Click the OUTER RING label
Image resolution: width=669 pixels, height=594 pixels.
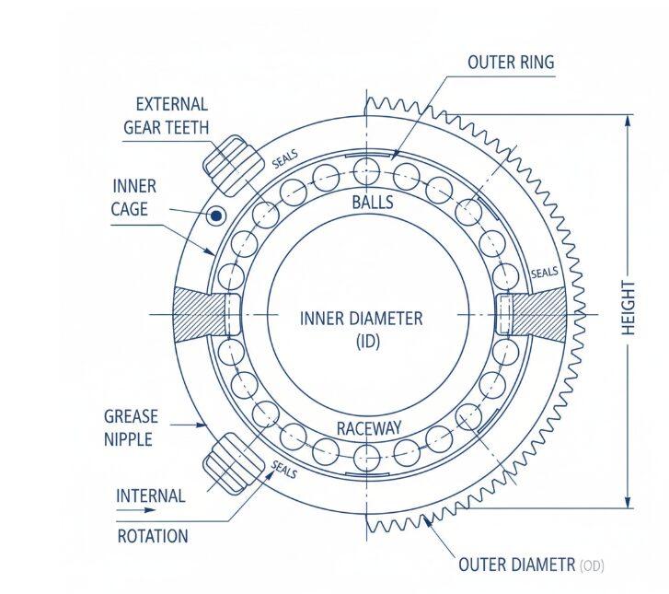[511, 63]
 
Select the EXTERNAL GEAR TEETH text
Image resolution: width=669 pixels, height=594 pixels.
[167, 116]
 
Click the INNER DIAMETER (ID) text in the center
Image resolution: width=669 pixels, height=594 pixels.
[361, 329]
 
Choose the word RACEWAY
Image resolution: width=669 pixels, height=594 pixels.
[368, 428]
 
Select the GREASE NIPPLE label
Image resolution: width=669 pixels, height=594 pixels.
[131, 428]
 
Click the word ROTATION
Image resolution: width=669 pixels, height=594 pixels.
[153, 536]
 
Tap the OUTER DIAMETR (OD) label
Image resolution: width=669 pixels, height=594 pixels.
[531, 565]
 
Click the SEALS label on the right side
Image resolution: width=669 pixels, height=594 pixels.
[545, 274]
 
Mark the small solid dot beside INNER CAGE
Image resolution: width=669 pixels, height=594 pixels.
[216, 216]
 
